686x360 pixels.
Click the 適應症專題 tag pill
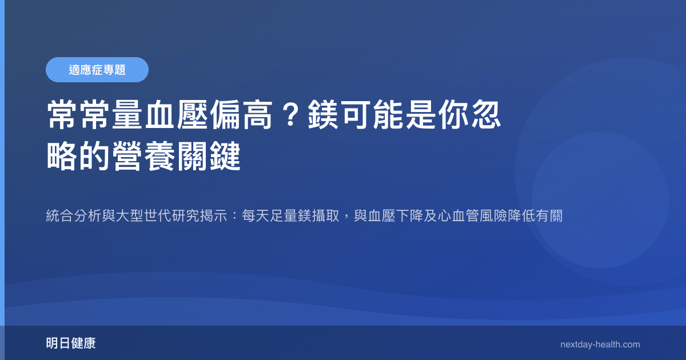click(x=97, y=70)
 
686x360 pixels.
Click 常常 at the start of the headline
click(x=79, y=114)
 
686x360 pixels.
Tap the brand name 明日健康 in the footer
click(x=71, y=343)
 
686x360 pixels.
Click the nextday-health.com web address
click(x=600, y=344)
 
